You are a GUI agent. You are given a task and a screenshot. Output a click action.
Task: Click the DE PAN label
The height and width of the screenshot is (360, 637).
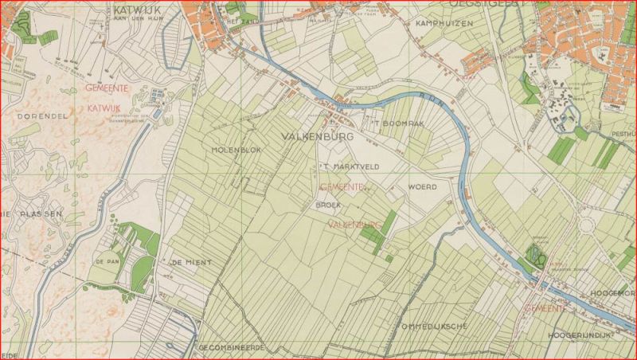coord(107,261)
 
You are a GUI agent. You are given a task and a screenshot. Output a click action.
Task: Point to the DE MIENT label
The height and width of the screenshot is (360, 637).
coord(189,262)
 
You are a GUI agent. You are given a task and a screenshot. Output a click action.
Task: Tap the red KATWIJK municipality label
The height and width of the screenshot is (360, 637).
coord(104,107)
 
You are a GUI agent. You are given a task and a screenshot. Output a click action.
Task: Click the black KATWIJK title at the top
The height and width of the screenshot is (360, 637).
coord(132,10)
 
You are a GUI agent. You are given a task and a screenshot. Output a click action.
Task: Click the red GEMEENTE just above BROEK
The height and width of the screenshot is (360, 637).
coord(342,186)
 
